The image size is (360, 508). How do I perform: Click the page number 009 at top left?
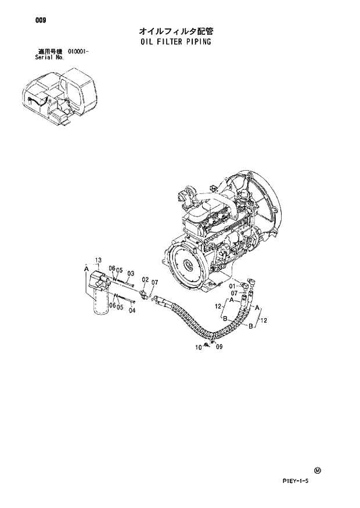[x=40, y=20]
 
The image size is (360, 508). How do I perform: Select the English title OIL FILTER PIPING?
[x=175, y=42]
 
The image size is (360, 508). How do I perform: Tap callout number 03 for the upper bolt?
[x=131, y=273]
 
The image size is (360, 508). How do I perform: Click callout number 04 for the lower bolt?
[x=132, y=310]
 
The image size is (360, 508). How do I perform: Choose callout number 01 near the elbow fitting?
[x=232, y=286]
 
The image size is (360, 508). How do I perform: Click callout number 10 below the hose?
[x=198, y=347]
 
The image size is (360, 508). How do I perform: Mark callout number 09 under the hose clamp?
[x=218, y=347]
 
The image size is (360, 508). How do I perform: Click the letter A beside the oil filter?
[x=86, y=269]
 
